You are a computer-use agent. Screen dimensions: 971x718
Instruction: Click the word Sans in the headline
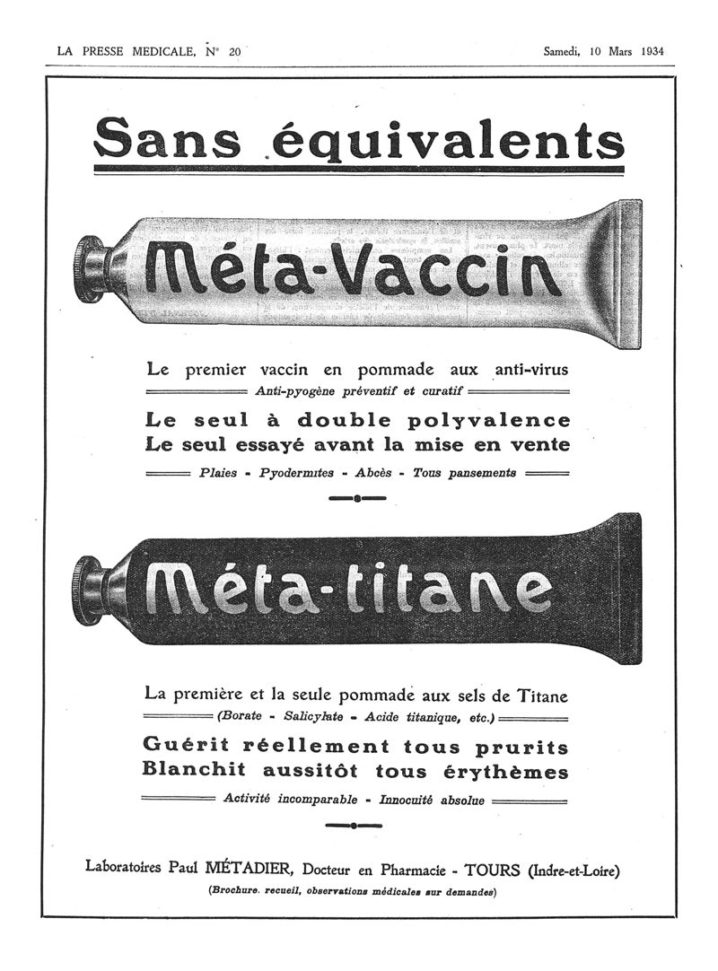[x=167, y=139]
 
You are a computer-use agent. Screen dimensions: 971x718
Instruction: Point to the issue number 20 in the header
[x=234, y=52]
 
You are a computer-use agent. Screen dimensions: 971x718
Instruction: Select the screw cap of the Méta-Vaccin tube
[x=92, y=268]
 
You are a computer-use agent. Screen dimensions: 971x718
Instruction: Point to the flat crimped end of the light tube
[x=630, y=274]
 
